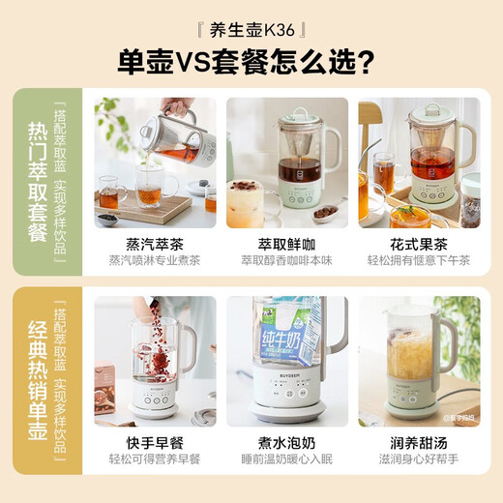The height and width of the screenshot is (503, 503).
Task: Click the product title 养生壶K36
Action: click(251, 28)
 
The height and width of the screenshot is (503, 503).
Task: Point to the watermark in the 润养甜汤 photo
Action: click(457, 418)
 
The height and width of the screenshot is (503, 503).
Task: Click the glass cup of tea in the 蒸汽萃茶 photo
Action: click(148, 194)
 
